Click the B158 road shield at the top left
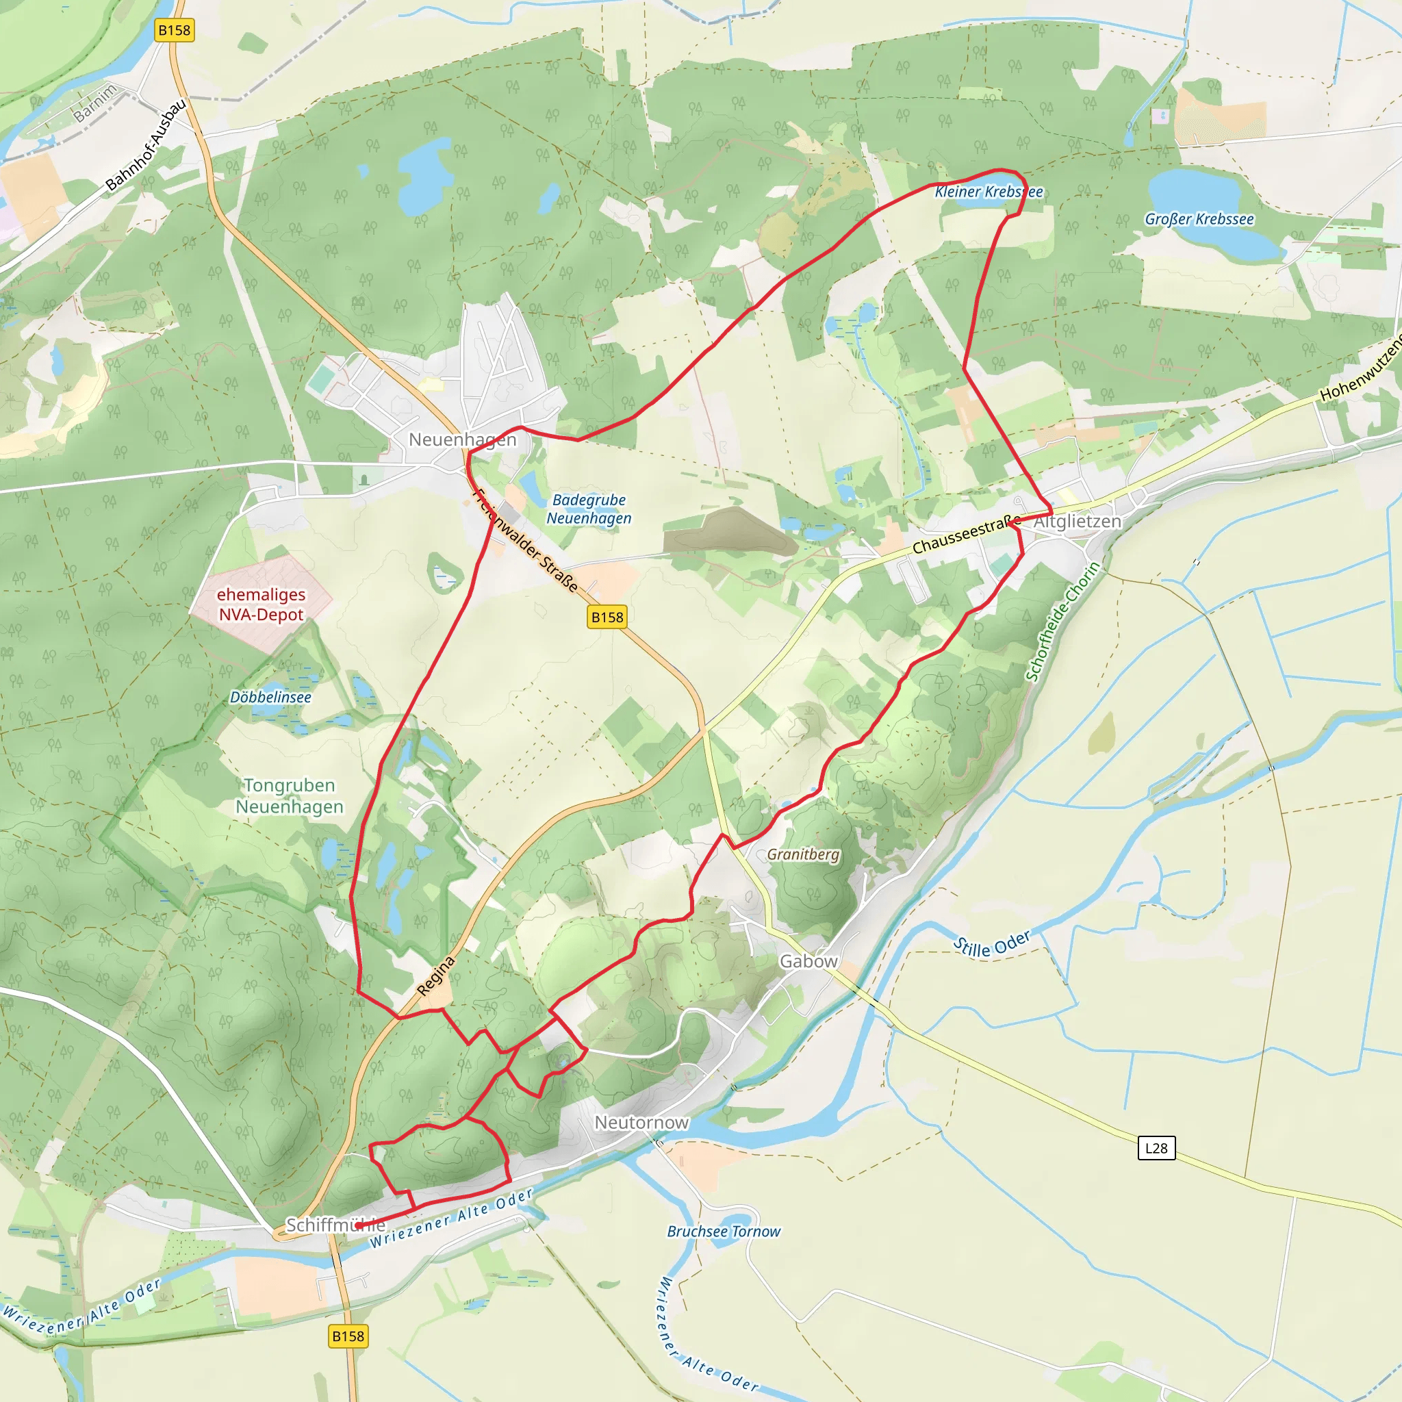click(x=174, y=31)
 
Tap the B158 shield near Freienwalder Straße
click(x=607, y=617)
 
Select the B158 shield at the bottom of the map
click(x=348, y=1336)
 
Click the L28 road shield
click(x=1156, y=1148)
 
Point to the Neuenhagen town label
click(x=462, y=439)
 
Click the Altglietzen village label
click(x=1077, y=522)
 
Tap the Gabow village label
click(x=808, y=962)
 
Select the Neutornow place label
click(x=641, y=1123)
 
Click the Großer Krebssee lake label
click(x=1199, y=219)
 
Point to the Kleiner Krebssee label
click(x=989, y=192)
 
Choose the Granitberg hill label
click(x=802, y=855)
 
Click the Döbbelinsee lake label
click(x=270, y=698)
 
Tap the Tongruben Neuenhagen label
click(x=290, y=796)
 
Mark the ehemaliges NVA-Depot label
click(x=262, y=604)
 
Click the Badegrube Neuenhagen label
click(x=589, y=509)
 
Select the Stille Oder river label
click(x=991, y=944)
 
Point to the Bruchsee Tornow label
click(x=724, y=1232)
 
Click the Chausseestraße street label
click(x=966, y=535)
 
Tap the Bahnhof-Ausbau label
click(x=146, y=145)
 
